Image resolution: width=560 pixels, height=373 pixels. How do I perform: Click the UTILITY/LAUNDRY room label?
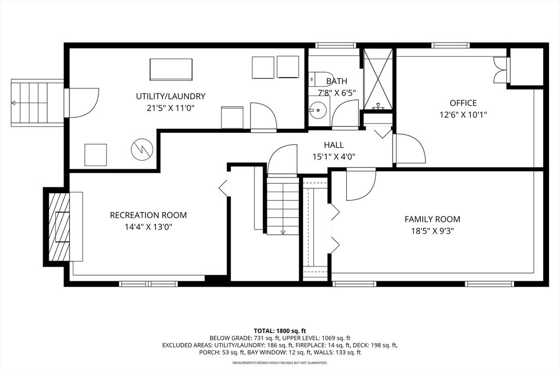click(171, 96)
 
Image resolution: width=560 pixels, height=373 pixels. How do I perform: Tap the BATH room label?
click(336, 81)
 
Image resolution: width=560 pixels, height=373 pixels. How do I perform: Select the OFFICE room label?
click(463, 103)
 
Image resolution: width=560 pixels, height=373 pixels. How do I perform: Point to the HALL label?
click(334, 145)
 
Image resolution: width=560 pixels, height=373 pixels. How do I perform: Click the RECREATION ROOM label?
click(148, 215)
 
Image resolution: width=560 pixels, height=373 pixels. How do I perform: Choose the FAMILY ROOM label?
click(433, 219)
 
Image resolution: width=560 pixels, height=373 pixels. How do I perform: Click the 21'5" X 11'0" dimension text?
click(171, 108)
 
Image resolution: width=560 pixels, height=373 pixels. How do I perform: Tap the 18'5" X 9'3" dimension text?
click(433, 231)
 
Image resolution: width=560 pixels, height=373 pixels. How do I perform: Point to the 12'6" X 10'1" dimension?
click(463, 115)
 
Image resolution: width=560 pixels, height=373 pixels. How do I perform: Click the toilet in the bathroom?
click(318, 79)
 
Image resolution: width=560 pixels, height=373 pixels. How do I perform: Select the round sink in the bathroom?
click(316, 110)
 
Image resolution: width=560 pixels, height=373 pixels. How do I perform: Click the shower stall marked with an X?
click(378, 79)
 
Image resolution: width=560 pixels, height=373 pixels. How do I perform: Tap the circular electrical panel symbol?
click(142, 149)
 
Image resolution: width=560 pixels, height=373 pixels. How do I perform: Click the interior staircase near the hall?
click(283, 206)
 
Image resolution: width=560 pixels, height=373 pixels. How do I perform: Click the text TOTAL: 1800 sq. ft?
click(279, 330)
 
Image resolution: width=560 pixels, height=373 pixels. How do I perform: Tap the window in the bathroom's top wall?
click(336, 45)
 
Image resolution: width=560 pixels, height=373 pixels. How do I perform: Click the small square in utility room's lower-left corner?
click(96, 155)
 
